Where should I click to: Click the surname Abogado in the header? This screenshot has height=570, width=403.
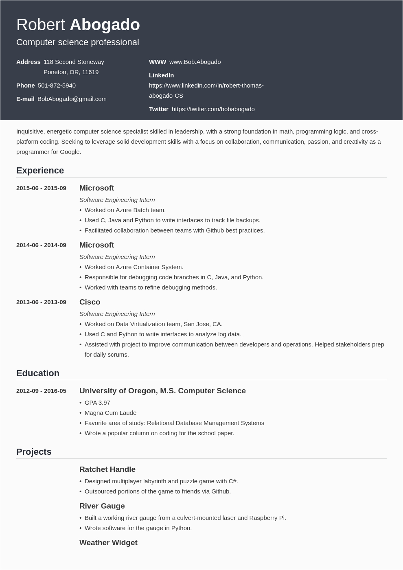click(x=105, y=25)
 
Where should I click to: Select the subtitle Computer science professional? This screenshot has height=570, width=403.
click(x=77, y=42)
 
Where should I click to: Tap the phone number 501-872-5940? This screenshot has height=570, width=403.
click(x=57, y=85)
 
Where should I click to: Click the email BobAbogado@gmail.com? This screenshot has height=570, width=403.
click(x=72, y=99)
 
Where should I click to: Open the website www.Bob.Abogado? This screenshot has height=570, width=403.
click(x=195, y=62)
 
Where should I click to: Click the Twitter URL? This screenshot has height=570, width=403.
click(x=213, y=109)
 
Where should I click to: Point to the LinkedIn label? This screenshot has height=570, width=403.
click(x=161, y=75)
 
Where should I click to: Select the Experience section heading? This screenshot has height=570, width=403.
click(x=40, y=171)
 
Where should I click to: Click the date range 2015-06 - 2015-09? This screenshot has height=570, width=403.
click(x=41, y=188)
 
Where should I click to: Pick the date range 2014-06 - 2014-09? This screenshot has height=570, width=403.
click(x=41, y=245)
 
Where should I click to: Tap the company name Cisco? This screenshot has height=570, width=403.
click(x=90, y=302)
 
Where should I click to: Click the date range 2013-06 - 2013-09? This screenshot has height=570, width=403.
click(x=41, y=302)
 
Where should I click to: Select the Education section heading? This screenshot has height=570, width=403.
click(x=38, y=373)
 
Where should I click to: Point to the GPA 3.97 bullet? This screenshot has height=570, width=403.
click(x=97, y=403)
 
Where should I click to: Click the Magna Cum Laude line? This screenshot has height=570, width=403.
click(x=110, y=413)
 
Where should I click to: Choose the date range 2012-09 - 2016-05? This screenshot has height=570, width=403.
click(x=41, y=391)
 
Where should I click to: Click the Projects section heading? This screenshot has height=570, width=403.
click(x=34, y=452)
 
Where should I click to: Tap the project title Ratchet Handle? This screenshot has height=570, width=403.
click(x=107, y=469)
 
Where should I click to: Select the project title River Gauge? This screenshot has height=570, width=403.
click(x=102, y=506)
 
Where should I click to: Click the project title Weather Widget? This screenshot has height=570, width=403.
click(x=108, y=543)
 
